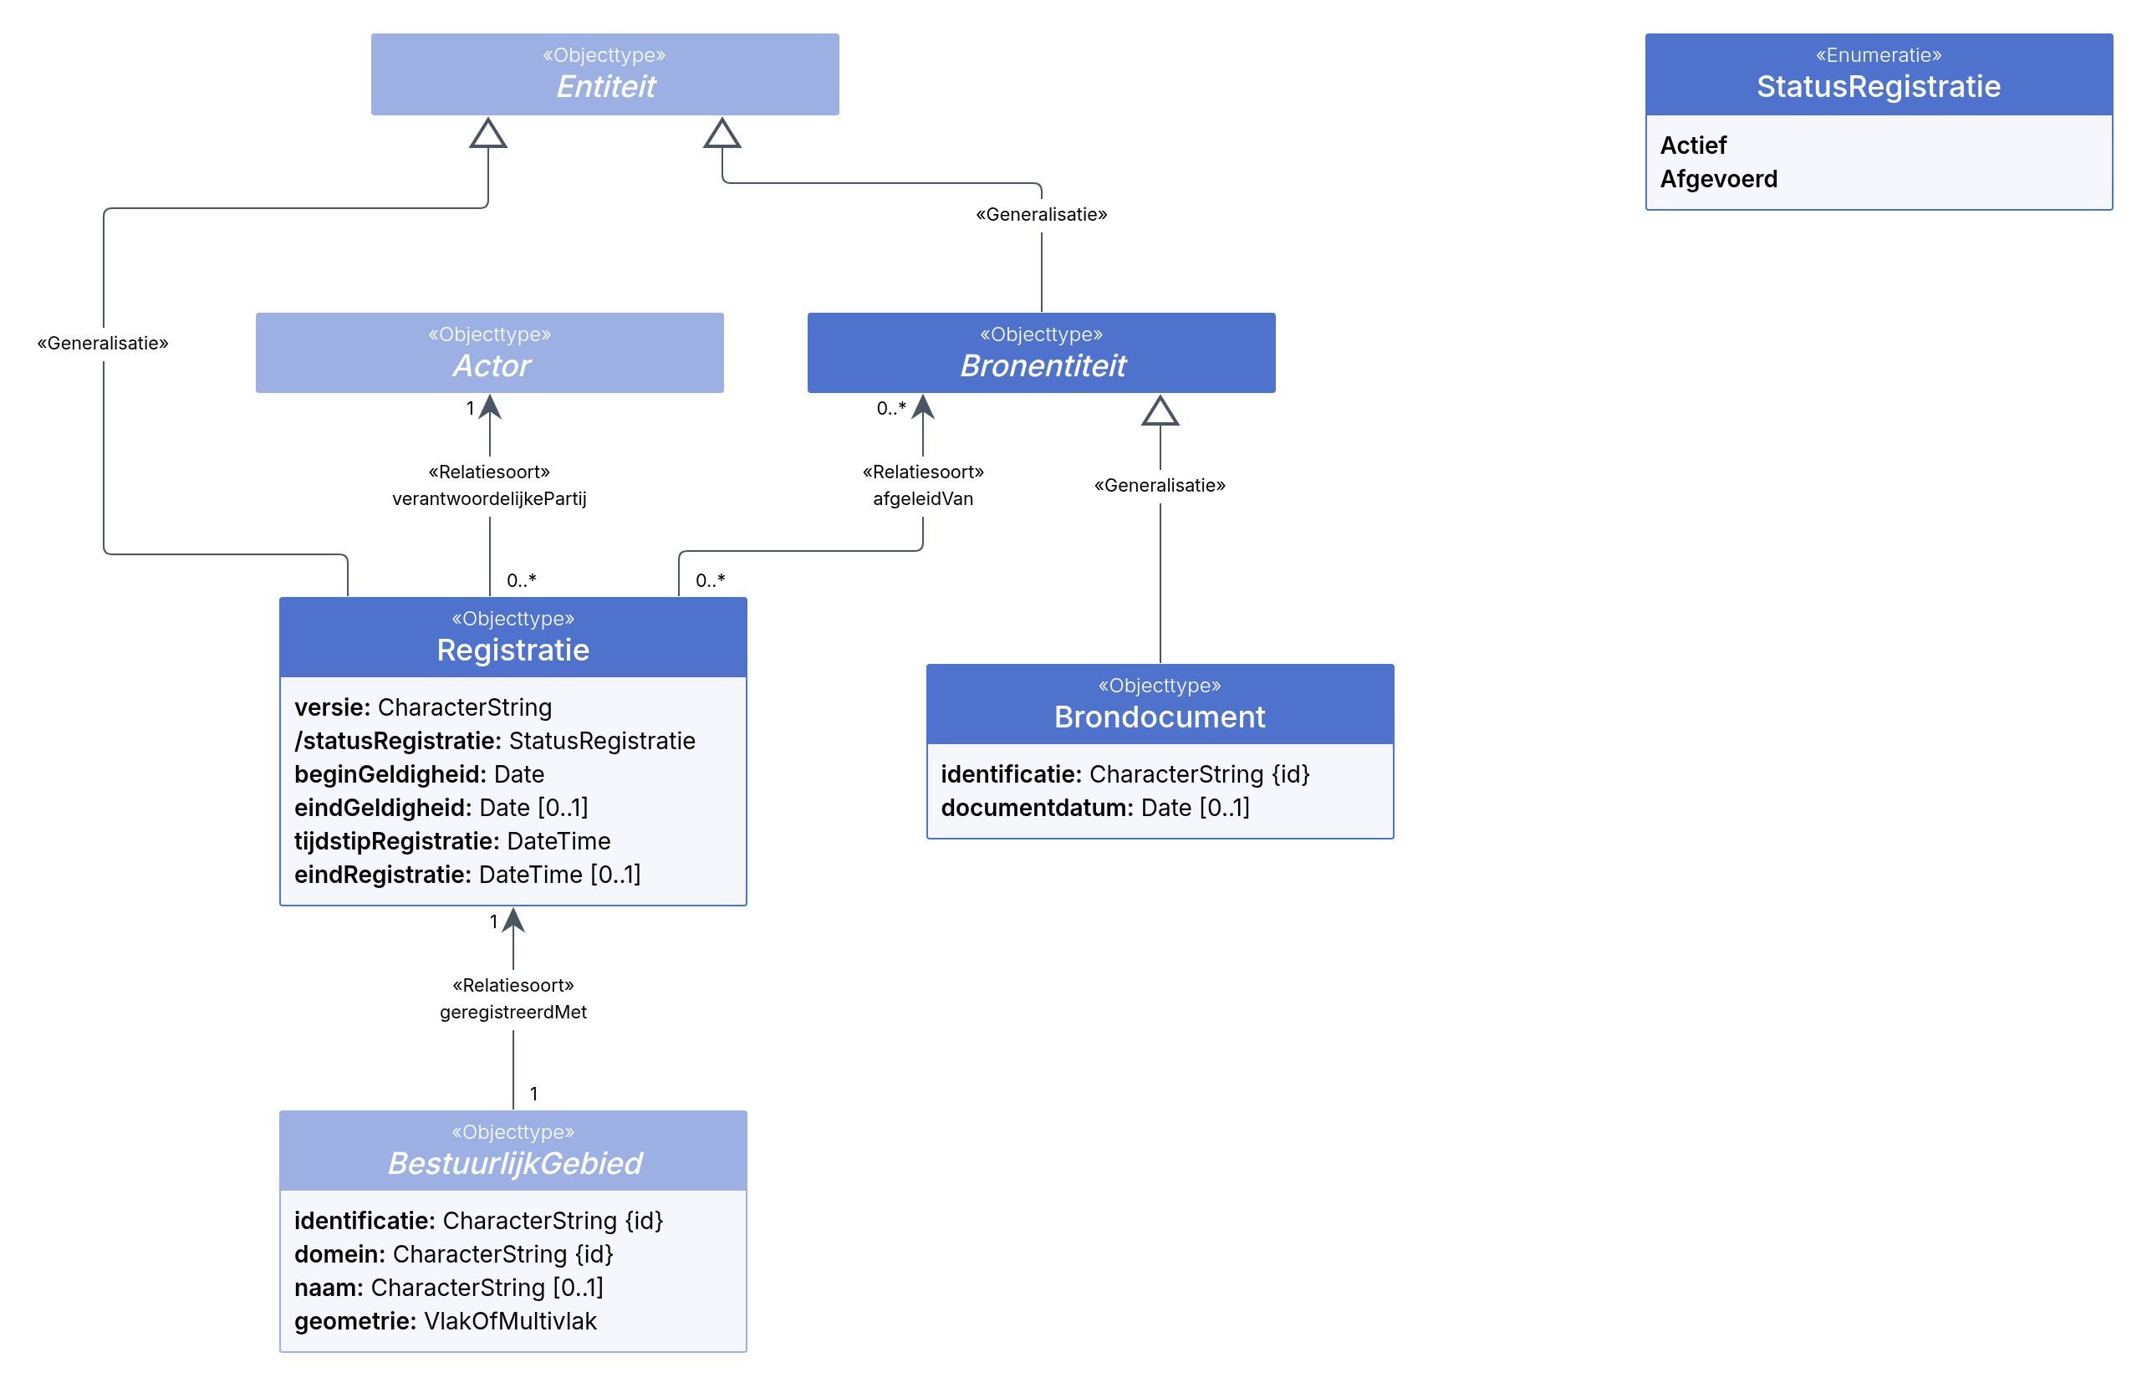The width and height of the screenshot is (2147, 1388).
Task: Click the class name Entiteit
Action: coord(605,86)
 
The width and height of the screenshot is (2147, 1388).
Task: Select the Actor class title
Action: coord(491,366)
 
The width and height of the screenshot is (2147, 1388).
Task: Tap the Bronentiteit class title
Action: coord(1043,366)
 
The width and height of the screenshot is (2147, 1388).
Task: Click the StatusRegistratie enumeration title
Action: coord(1878,86)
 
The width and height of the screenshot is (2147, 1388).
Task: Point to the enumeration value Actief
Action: coord(1693,145)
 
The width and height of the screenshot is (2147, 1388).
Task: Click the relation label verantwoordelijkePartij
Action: coord(489,498)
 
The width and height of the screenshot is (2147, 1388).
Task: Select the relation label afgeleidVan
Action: coord(922,498)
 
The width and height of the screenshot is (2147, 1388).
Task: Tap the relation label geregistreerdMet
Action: coord(513,1013)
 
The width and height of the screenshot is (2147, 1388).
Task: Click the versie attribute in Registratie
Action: coord(422,707)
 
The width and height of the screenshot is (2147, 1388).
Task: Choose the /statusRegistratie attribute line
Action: coord(495,741)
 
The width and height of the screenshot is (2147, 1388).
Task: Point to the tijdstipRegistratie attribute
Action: coord(452,841)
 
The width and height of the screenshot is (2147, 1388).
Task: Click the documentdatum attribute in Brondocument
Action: coord(1094,808)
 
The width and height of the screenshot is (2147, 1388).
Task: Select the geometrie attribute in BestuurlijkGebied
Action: coord(445,1321)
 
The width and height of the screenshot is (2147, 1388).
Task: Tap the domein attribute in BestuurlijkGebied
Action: coord(453,1254)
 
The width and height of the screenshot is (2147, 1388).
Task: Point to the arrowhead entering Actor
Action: coord(489,406)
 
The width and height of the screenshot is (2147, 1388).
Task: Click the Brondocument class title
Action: coord(1160,717)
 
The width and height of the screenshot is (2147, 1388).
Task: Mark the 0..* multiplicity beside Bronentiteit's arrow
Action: coord(891,408)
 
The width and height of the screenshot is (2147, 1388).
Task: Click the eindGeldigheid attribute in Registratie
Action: coord(441,808)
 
